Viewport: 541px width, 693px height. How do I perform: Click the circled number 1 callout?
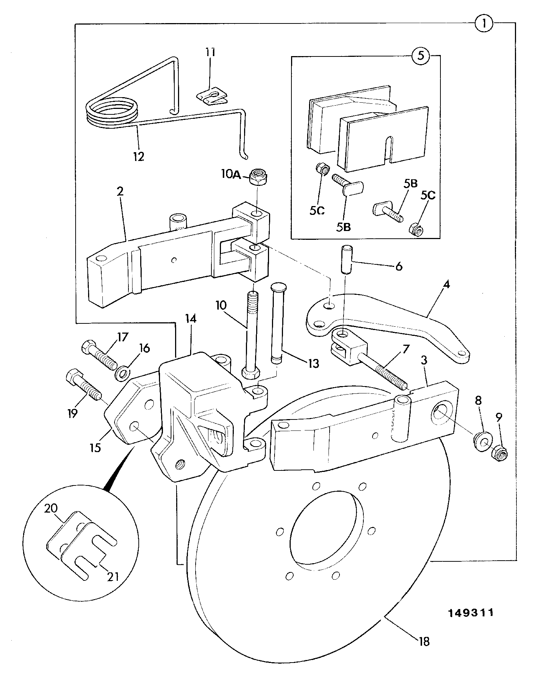point(484,24)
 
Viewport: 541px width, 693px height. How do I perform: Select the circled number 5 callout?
point(421,56)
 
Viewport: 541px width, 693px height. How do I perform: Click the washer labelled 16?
point(123,373)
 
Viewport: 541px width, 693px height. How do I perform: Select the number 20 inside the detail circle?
point(51,509)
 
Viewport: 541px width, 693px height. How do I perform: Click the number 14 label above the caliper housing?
point(191,319)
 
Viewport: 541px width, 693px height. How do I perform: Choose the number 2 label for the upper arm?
point(120,191)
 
